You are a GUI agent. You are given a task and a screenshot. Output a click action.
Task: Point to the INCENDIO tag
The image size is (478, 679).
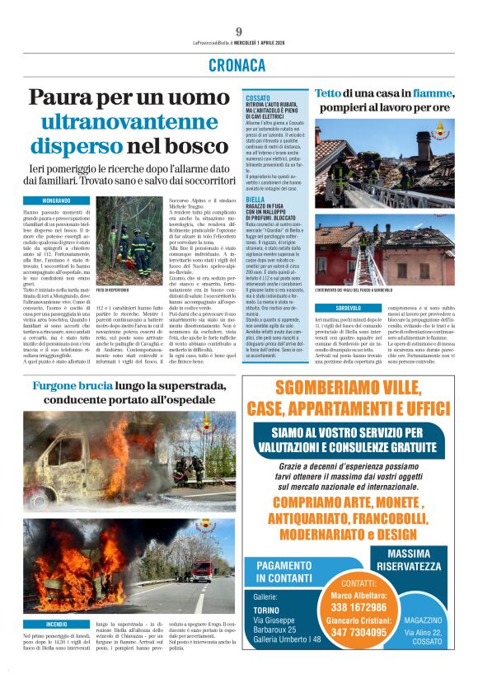[x=57, y=624]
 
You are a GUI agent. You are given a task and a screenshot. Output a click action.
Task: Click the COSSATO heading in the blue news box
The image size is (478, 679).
[x=258, y=98]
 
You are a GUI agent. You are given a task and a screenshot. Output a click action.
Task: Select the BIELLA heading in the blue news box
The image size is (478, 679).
[x=255, y=200]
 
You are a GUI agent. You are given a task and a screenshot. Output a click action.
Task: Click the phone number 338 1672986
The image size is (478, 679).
[x=346, y=606]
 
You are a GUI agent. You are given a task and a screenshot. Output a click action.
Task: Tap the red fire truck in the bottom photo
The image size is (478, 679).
[x=200, y=570]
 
